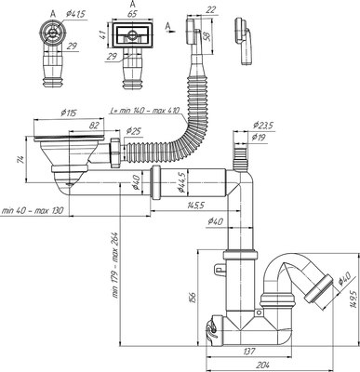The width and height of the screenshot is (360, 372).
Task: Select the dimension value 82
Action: point(94,124)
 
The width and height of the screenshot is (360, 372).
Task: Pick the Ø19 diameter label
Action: point(261,139)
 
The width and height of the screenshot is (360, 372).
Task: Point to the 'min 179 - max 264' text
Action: point(115,265)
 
